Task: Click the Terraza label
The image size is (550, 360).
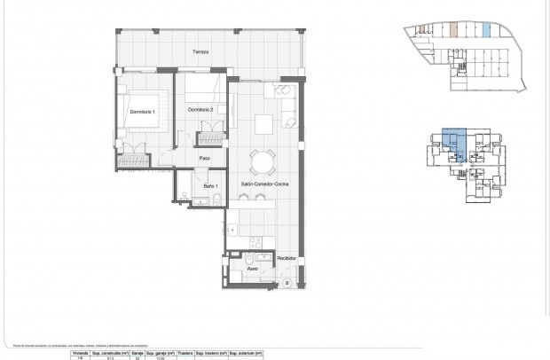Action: [x=202, y=52]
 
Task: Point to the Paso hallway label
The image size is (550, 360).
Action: [x=204, y=159]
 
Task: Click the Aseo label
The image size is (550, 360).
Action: [x=252, y=267]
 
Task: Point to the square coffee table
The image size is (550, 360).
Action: [x=263, y=122]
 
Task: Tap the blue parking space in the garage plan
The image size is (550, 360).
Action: [x=487, y=30]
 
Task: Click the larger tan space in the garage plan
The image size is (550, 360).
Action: [x=454, y=29]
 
